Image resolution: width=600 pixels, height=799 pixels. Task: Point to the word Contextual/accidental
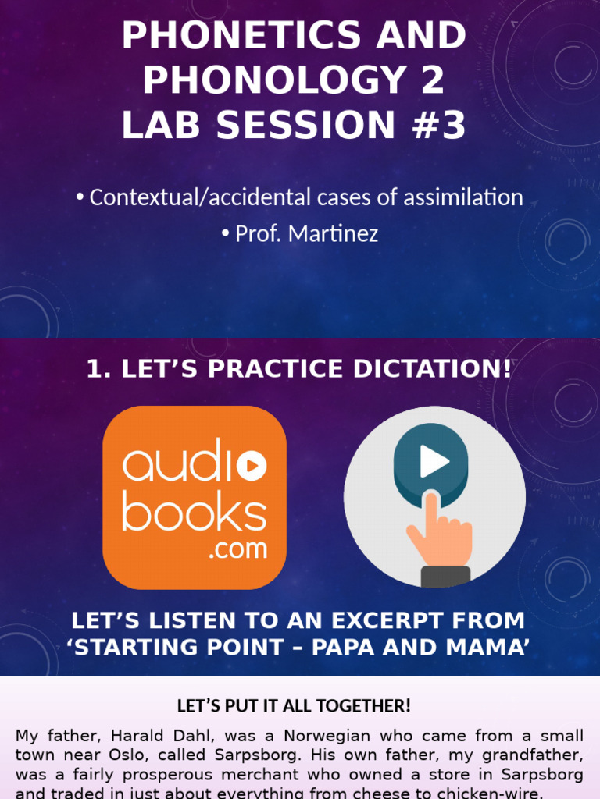196,197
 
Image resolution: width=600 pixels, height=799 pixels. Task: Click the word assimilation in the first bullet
462,197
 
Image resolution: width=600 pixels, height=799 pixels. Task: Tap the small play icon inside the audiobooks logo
251,467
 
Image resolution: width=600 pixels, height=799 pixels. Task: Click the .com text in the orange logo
237,549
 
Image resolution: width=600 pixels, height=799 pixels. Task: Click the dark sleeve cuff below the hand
445,577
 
